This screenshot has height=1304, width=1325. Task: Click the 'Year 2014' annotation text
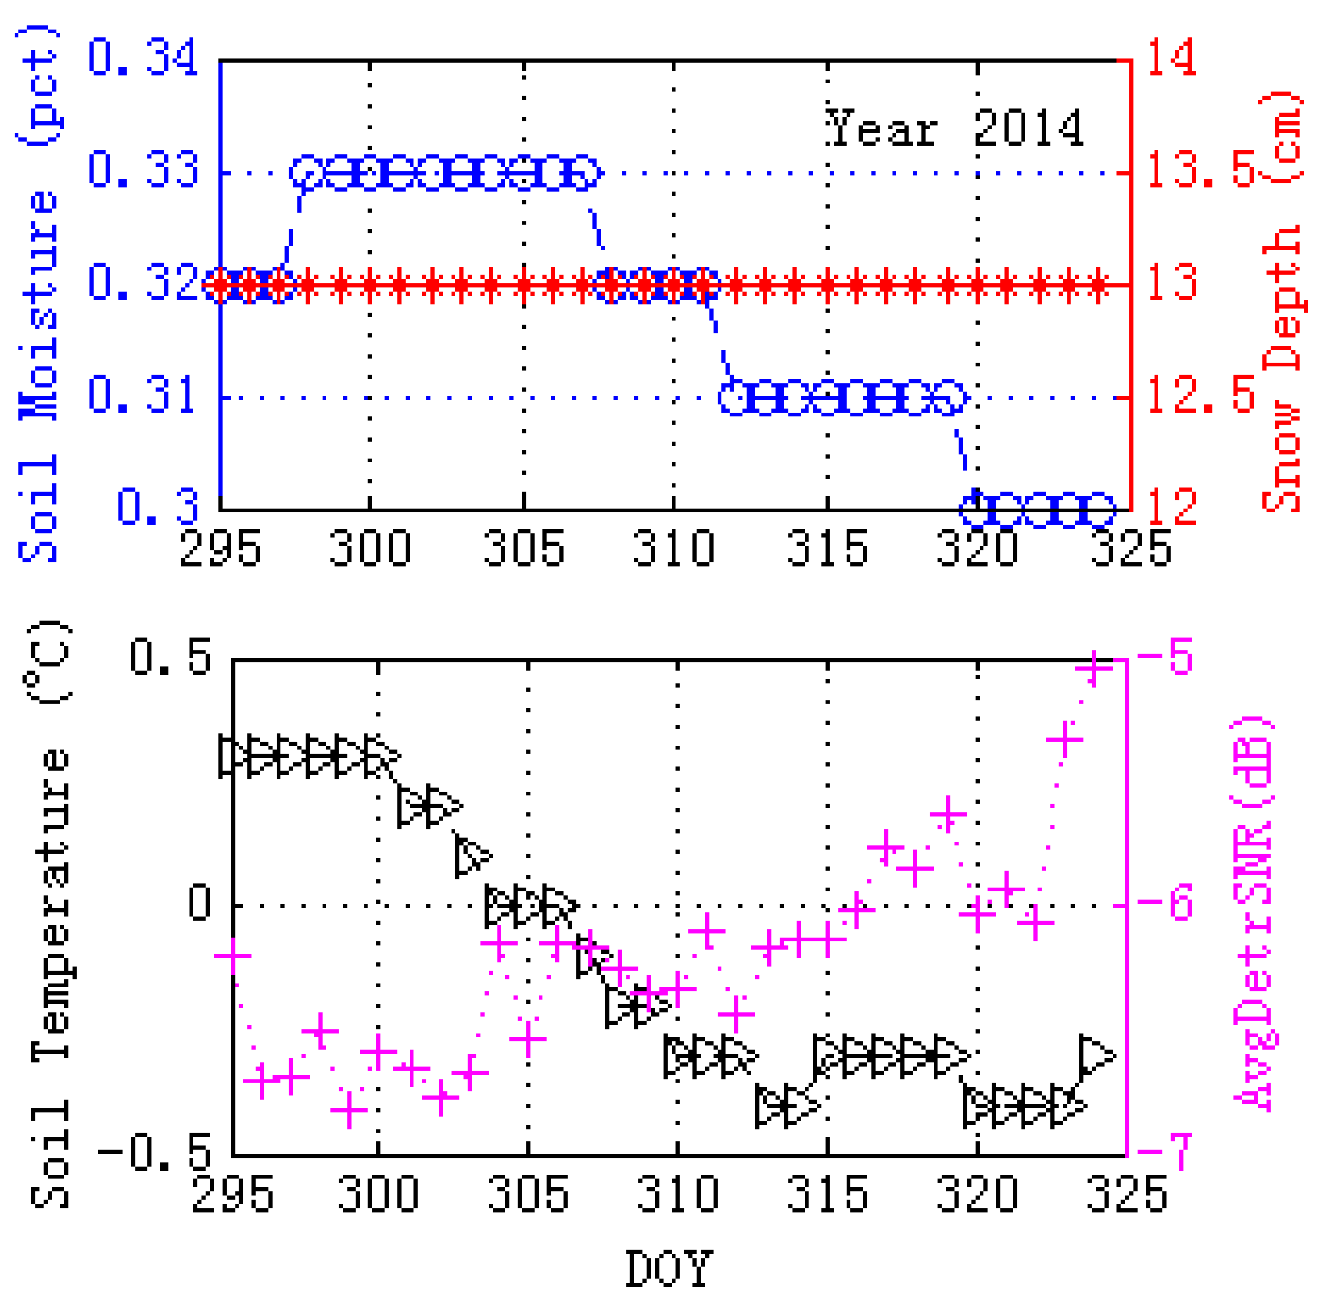pyautogui.click(x=954, y=128)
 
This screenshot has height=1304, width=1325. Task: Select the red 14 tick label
pyautogui.click(x=1171, y=58)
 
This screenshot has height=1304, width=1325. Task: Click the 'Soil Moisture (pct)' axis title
pyautogui.click(x=38, y=292)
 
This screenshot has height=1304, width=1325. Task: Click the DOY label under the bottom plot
pyautogui.click(x=668, y=1269)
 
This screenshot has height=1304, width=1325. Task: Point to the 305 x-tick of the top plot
pyautogui.click(x=523, y=549)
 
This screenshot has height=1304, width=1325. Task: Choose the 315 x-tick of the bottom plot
pyautogui.click(x=827, y=1194)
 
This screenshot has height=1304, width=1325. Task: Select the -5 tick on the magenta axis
pyautogui.click(x=1165, y=657)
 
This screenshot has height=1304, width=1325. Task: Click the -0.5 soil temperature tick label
pyautogui.click(x=155, y=1153)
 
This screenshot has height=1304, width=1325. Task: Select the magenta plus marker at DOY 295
pyautogui.click(x=233, y=957)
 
